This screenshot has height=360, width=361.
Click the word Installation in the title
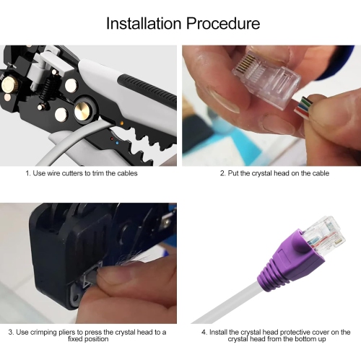142,23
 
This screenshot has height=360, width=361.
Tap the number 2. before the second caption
223,173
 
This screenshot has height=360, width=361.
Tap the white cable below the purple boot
224,307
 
